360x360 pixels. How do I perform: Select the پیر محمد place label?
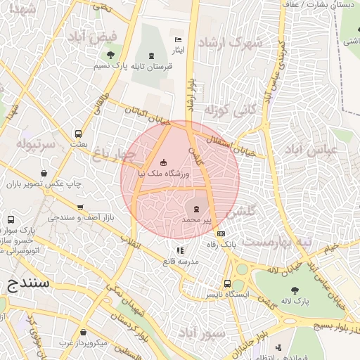pyautogui.click(x=196, y=220)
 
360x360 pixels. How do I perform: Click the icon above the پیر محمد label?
pyautogui.click(x=196, y=208)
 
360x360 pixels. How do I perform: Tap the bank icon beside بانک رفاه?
pyautogui.click(x=221, y=233)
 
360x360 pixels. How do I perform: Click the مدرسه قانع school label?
pyautogui.click(x=181, y=261)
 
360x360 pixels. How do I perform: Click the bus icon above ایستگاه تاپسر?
pyautogui.click(x=227, y=283)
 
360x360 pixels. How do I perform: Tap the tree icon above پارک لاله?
pyautogui.click(x=295, y=289)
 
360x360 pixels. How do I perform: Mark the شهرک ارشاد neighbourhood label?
pyautogui.click(x=231, y=41)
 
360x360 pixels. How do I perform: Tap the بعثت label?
pyautogui.click(x=78, y=143)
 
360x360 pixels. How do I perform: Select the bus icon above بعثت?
pyautogui.click(x=78, y=133)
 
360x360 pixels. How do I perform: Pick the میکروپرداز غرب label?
pyautogui.click(x=83, y=342)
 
